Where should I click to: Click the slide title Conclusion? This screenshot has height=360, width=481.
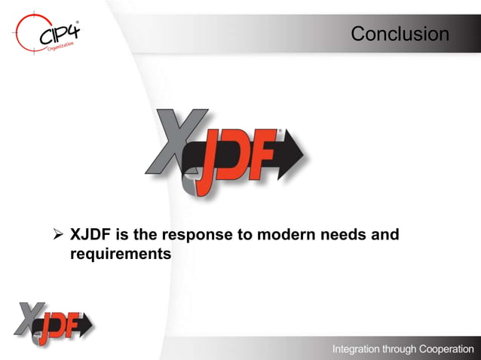[400, 34]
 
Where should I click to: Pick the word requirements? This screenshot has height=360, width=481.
[121, 255]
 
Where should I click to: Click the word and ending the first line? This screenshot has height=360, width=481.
[384, 235]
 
